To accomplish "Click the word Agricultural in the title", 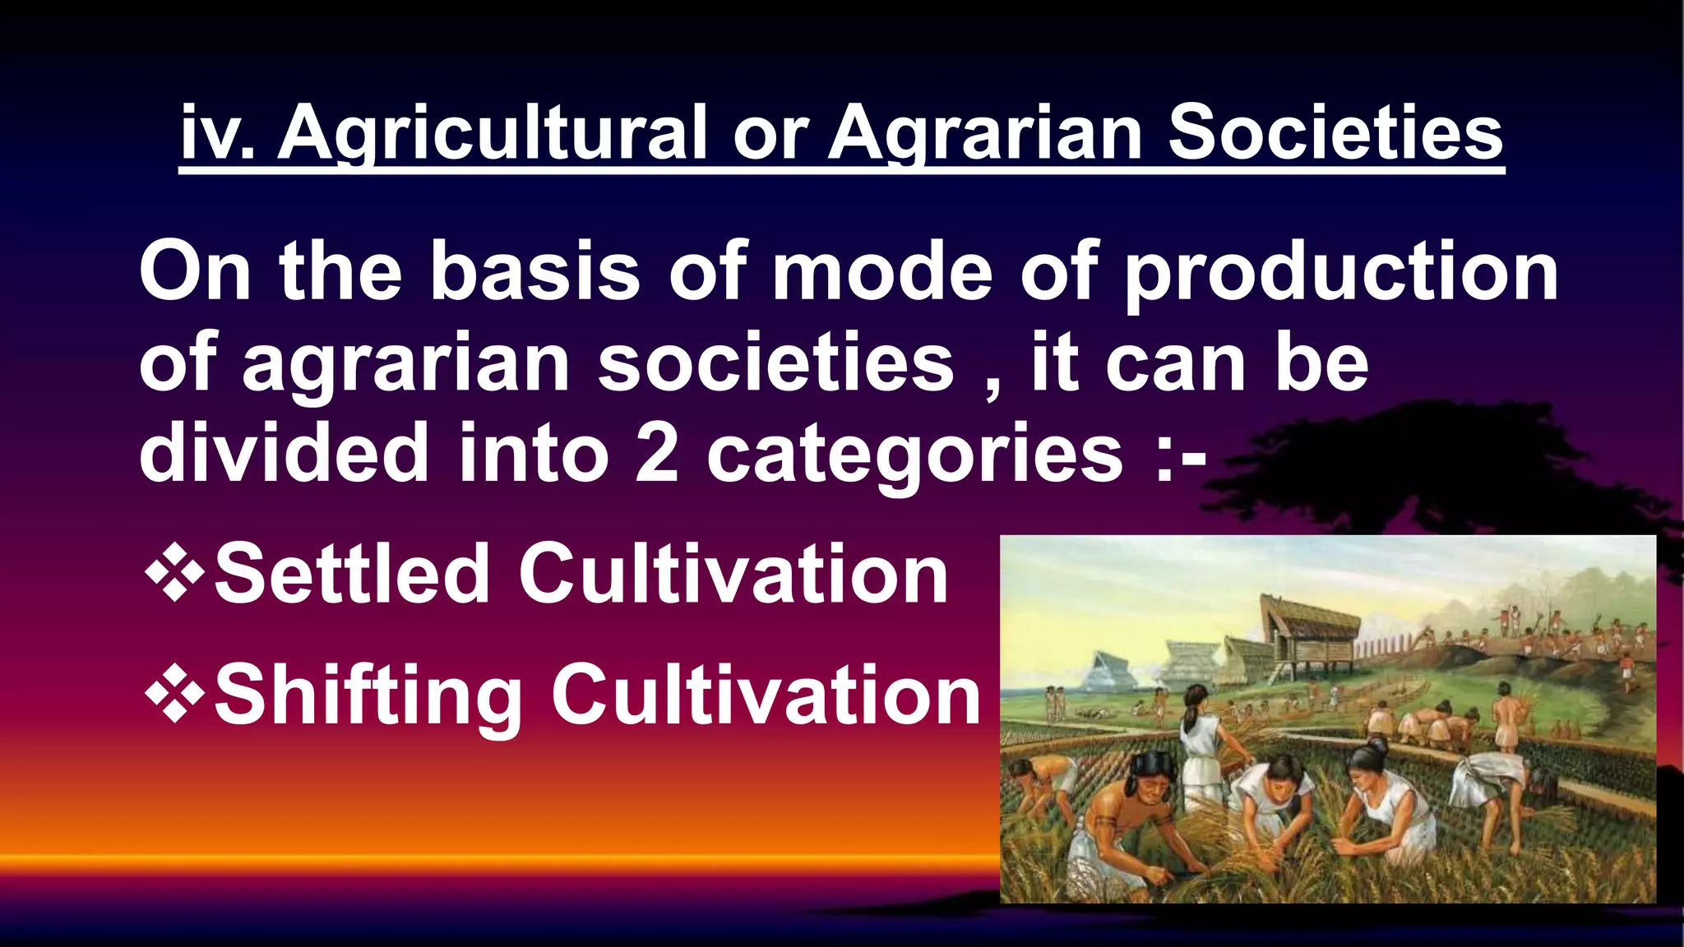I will coord(492,133).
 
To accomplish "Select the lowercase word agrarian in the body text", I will coord(406,363).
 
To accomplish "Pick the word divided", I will coord(285,452).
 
